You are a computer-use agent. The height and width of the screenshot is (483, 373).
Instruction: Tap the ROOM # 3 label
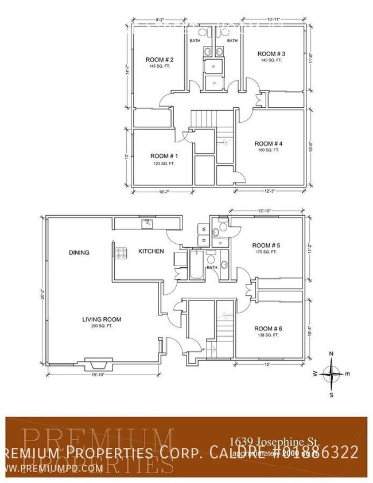click(271, 54)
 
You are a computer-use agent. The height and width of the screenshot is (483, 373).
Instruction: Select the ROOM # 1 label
click(164, 156)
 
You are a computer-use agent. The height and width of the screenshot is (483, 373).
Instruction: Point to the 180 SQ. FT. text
click(268, 150)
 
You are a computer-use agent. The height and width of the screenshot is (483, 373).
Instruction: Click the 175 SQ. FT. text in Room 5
click(266, 252)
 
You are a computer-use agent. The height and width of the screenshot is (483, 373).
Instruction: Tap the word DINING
click(79, 252)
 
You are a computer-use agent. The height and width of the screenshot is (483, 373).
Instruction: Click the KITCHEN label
click(151, 251)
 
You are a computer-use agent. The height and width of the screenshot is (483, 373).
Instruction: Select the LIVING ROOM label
click(102, 320)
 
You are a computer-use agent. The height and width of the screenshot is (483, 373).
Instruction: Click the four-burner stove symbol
click(121, 251)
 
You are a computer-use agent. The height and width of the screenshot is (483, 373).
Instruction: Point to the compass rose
click(332, 374)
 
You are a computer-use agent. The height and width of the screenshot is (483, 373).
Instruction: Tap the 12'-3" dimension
click(269, 191)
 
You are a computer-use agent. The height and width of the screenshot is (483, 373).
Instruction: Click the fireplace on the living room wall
click(98, 364)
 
